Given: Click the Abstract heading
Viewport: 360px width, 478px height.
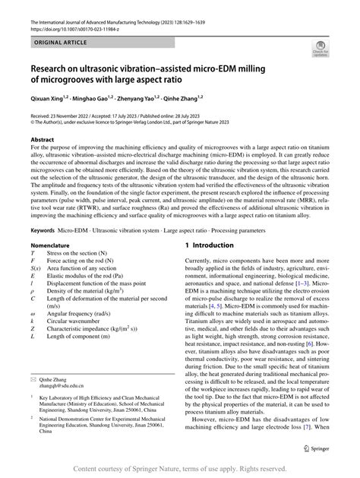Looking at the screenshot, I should coord(42,141).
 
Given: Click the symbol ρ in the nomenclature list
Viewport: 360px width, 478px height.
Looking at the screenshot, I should coord(32,290).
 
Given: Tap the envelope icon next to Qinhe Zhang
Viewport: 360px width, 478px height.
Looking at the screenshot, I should coord(33,378).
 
